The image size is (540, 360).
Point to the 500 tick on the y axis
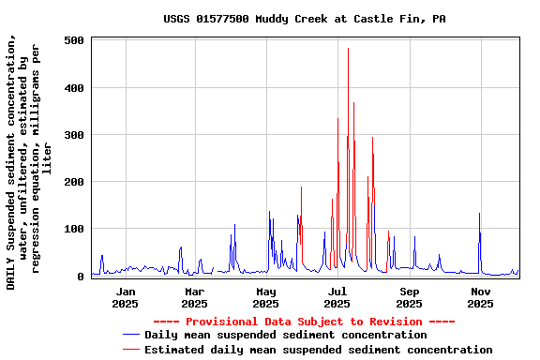click(75, 41)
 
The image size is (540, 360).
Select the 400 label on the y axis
click(75, 88)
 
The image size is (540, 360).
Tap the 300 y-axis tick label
click(75, 135)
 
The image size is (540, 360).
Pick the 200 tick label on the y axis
click(75, 182)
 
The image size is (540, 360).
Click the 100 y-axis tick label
click(75, 229)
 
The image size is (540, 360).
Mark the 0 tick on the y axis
click(82, 276)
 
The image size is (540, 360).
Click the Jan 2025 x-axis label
click(125, 297)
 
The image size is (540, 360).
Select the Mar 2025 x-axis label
click(194, 297)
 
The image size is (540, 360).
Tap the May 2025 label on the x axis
click(266, 297)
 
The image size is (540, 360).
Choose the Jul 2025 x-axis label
click(337, 297)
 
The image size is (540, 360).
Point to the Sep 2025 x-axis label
click(409, 297)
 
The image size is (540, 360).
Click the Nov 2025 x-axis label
click(480, 297)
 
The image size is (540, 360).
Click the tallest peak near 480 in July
click(348, 50)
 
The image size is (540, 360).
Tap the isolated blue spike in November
click(479, 215)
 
